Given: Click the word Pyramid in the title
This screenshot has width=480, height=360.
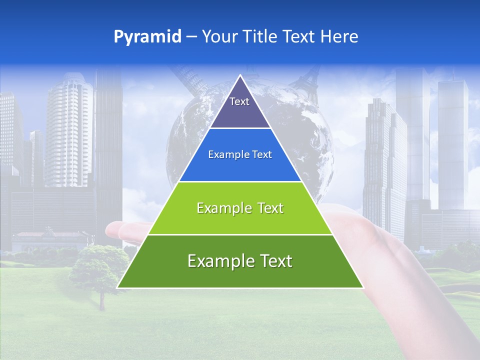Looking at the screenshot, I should (147, 37).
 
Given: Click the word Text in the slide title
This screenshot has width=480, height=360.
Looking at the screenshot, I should (300, 36).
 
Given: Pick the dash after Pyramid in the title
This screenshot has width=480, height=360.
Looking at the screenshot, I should (191, 37).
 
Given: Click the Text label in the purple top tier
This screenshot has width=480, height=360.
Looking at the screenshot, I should (239, 101).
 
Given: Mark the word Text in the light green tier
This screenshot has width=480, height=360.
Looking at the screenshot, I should (270, 208).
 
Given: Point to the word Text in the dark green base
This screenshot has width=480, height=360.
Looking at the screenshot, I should (275, 261).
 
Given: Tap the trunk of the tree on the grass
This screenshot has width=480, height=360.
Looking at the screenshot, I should (102, 300).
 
